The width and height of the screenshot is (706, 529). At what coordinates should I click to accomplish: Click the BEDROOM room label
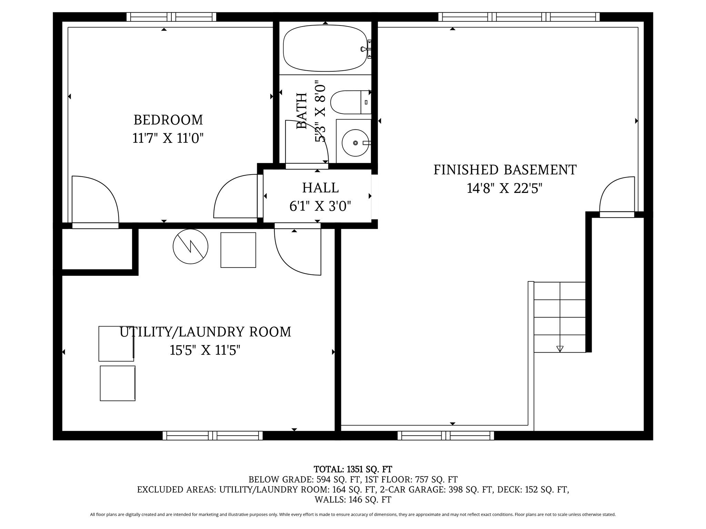(168, 120)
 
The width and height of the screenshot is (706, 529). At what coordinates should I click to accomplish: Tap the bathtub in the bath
(325, 48)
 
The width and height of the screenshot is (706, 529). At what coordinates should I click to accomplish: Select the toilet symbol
(349, 102)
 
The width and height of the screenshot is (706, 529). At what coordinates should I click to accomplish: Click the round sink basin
(355, 143)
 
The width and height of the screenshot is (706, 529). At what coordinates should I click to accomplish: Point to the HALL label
(320, 188)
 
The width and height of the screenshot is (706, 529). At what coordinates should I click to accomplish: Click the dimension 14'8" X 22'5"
(504, 189)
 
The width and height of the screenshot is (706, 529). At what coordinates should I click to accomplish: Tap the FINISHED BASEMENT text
(505, 170)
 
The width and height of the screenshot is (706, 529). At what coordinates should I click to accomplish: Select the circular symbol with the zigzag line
(190, 247)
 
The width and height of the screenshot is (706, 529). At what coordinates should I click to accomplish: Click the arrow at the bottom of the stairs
(560, 349)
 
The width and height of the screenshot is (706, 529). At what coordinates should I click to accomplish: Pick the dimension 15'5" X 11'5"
(205, 351)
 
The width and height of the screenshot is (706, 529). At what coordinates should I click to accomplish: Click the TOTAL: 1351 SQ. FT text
(353, 469)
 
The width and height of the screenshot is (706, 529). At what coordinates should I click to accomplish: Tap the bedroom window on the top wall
(171, 17)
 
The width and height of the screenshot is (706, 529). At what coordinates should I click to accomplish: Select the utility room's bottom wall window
(212, 436)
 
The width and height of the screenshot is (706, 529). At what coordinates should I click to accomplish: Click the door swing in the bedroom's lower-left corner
(95, 200)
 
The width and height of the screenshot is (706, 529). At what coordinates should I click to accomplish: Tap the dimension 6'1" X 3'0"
(320, 207)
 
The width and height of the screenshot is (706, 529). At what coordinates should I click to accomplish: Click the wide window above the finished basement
(519, 17)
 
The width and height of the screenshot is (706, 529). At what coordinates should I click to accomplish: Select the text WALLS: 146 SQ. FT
(353, 499)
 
